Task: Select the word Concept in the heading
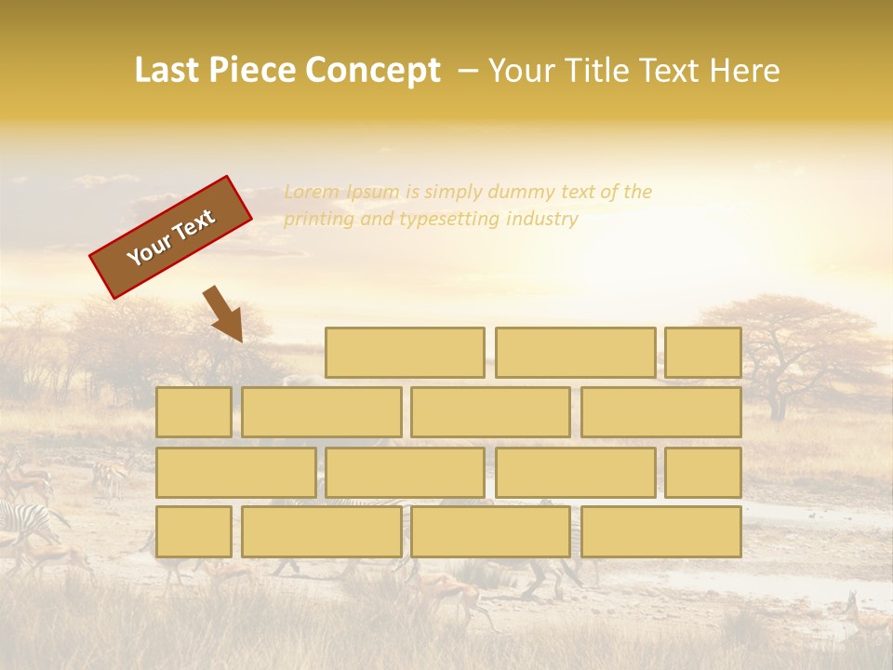[x=373, y=71]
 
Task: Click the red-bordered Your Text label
[x=170, y=237]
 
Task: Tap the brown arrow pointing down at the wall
[x=224, y=315]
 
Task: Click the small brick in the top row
[x=703, y=353]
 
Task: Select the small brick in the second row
[x=193, y=412]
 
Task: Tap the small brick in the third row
[x=703, y=472]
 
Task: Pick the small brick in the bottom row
[x=193, y=531]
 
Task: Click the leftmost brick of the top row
[x=405, y=353]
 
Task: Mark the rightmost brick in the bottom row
[x=661, y=531]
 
